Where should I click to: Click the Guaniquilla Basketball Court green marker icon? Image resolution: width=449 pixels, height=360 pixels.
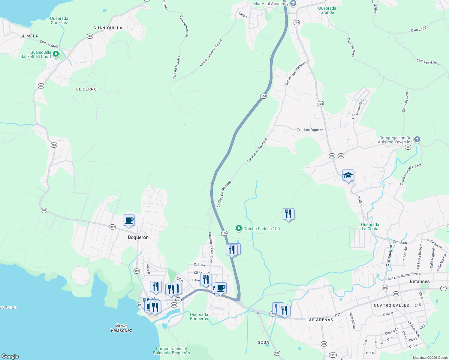click(x=56, y=54)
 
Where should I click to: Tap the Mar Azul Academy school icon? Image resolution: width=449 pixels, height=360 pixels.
click(x=293, y=4)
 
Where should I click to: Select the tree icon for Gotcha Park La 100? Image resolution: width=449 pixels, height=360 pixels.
click(x=239, y=229)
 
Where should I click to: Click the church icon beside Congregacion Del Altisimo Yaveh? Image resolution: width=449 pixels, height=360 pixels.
click(x=417, y=139)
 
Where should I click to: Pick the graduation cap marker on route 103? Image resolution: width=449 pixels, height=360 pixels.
click(x=348, y=175)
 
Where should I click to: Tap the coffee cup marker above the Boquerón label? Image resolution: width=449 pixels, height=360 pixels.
click(x=129, y=220)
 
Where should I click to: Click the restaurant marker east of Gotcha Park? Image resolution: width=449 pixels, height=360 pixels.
click(x=288, y=214)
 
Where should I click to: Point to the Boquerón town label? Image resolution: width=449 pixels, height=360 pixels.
click(x=138, y=237)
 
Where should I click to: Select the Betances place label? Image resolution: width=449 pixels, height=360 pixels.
click(x=419, y=281)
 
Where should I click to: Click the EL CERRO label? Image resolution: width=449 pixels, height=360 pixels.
click(x=86, y=89)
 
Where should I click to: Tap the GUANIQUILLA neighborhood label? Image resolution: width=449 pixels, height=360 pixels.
click(x=108, y=28)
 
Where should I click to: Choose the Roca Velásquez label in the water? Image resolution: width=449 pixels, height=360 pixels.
click(x=121, y=328)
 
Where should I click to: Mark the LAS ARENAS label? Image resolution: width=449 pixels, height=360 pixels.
click(x=320, y=320)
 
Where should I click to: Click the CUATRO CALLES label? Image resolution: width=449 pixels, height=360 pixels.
click(x=391, y=305)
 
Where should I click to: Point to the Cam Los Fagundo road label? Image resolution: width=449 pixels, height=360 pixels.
click(x=310, y=130)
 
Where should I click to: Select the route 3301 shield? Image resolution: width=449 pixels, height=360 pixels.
click(x=333, y=355)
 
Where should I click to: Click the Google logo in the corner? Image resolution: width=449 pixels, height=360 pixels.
click(x=10, y=356)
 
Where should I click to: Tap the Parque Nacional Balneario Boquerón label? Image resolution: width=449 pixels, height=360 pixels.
click(x=171, y=351)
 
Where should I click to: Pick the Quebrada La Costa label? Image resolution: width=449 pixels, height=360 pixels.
click(x=370, y=226)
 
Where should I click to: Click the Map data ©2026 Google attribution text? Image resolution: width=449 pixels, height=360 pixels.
click(x=430, y=358)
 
